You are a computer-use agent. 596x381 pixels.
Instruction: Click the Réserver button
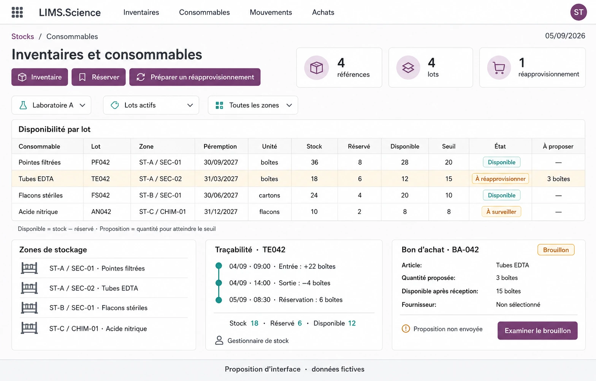click(98, 77)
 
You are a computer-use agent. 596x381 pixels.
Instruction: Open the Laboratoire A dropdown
click(51, 105)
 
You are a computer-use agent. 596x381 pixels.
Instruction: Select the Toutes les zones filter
click(253, 105)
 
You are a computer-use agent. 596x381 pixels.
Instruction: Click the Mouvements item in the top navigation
click(271, 12)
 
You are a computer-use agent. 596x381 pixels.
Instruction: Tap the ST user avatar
click(579, 12)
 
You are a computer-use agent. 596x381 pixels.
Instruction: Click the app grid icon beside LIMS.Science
click(17, 12)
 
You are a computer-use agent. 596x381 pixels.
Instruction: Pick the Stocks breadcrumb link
click(23, 36)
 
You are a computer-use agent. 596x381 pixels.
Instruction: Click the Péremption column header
click(220, 146)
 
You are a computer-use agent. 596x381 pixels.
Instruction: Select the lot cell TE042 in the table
click(100, 179)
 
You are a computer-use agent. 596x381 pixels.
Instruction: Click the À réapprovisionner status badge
click(500, 179)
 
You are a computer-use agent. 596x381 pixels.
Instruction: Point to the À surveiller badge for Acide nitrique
click(501, 212)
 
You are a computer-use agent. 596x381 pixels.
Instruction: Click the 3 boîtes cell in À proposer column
click(558, 179)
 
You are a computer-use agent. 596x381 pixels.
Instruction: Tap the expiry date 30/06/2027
click(221, 195)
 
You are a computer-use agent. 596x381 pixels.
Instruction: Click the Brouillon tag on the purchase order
click(556, 250)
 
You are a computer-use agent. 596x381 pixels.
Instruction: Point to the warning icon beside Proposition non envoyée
click(406, 329)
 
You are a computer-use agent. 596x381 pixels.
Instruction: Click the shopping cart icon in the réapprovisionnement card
click(499, 68)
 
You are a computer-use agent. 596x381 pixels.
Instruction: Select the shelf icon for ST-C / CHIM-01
click(29, 328)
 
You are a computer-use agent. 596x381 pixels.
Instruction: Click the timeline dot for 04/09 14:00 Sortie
click(219, 283)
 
